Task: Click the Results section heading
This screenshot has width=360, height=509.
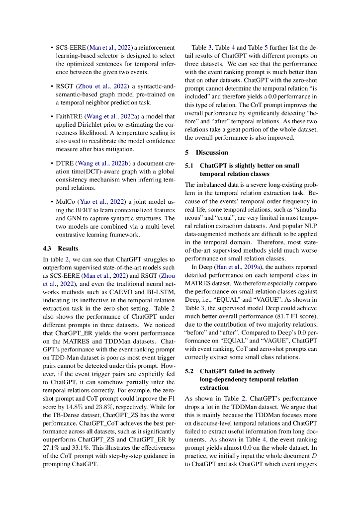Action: (x=68, y=248)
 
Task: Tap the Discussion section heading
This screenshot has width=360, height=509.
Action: (x=212, y=153)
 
